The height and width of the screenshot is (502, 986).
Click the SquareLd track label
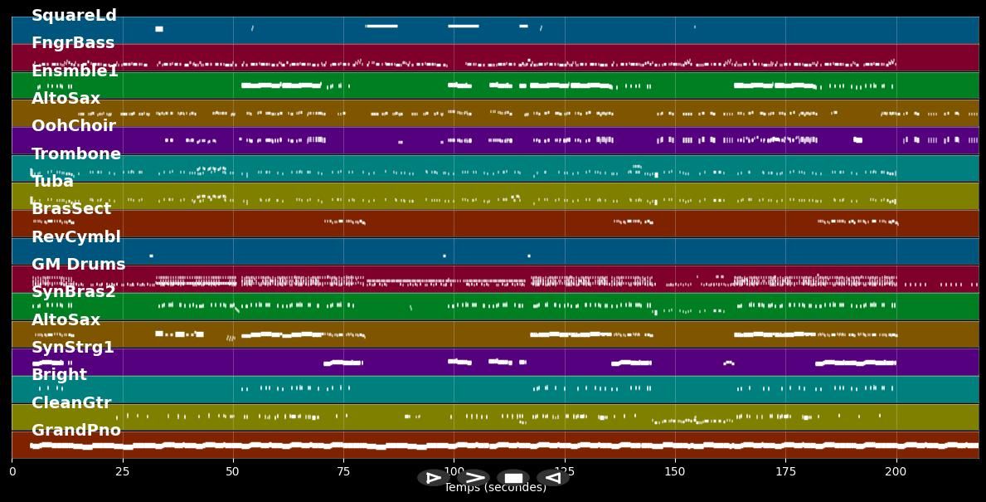pos(74,16)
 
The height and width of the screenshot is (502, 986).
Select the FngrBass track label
pos(73,43)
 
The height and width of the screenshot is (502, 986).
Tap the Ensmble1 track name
pos(75,71)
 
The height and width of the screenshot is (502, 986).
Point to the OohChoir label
pos(73,126)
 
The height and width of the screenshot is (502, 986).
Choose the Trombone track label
pos(76,154)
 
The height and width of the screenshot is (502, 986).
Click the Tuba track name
pos(52,182)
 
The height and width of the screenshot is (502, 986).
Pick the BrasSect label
pos(71,209)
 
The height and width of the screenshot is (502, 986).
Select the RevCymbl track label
pos(76,237)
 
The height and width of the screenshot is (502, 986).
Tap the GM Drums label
pos(78,265)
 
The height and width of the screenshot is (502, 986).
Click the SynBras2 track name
pos(74,292)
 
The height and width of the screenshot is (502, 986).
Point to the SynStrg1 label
pos(73,348)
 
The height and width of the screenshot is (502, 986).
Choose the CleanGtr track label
pos(71,403)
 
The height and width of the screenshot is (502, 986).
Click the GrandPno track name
pos(76,431)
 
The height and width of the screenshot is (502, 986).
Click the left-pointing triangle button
pos(552,478)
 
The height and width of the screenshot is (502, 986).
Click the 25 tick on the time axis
pos(123,471)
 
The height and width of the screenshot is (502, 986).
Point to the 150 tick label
pos(675,471)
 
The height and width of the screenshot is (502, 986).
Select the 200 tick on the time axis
pos(896,471)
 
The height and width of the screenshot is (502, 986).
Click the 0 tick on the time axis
pos(12,471)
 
